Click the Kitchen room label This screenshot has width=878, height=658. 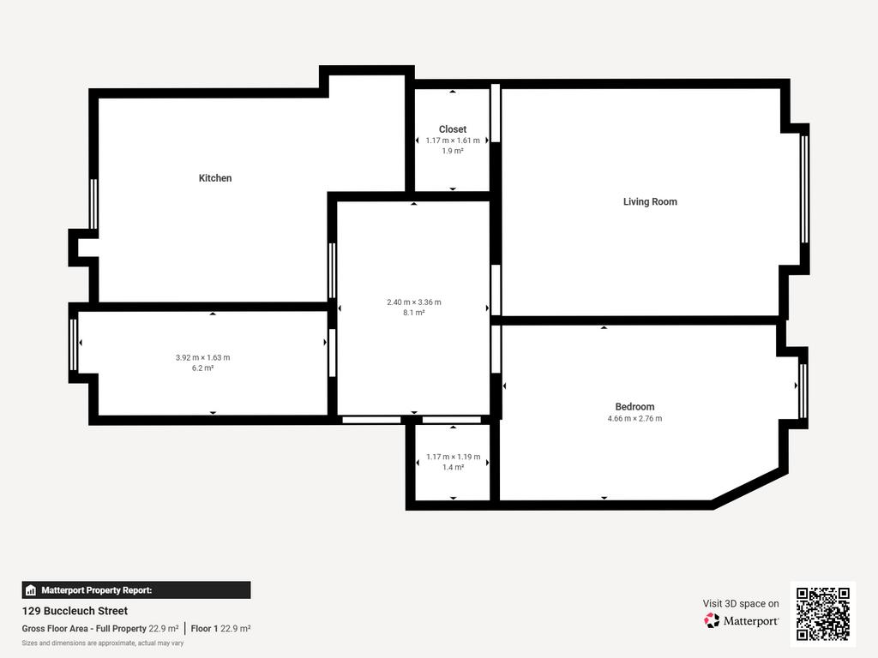(x=215, y=178)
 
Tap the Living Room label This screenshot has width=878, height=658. (x=650, y=201)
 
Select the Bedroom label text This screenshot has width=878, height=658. (x=634, y=407)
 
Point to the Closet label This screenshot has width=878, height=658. (x=453, y=129)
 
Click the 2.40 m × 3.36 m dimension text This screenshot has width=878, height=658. (x=414, y=302)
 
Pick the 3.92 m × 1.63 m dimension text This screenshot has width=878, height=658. (x=202, y=357)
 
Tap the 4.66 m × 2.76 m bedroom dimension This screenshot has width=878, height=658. (x=634, y=418)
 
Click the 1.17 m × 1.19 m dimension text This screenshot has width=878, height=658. (x=453, y=458)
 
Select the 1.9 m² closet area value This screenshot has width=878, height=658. (x=453, y=151)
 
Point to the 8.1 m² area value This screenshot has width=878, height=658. (x=414, y=313)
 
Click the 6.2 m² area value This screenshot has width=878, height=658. (x=202, y=368)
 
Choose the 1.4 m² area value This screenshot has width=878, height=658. (x=453, y=467)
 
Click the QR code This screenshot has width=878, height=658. (x=823, y=613)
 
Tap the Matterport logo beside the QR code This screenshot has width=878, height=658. (x=742, y=620)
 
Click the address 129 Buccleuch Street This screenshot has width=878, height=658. (x=75, y=611)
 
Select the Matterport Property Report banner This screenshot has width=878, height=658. (x=136, y=590)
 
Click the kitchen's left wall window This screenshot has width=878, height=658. (x=93, y=204)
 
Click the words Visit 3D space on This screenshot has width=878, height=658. (x=741, y=604)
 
